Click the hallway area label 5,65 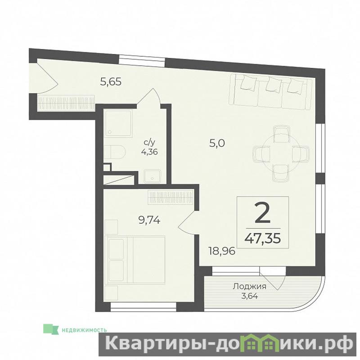click(x=111, y=81)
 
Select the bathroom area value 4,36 click(x=149, y=152)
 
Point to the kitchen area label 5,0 click(x=217, y=144)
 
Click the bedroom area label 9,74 click(x=149, y=220)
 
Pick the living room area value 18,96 click(x=222, y=251)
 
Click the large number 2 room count click(x=262, y=214)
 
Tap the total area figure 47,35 click(x=263, y=238)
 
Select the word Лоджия click(x=250, y=287)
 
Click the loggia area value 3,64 click(x=250, y=296)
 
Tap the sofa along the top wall click(x=270, y=90)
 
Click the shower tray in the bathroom click(x=118, y=123)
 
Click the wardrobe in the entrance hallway click(x=66, y=103)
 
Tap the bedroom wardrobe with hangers click(x=171, y=197)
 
